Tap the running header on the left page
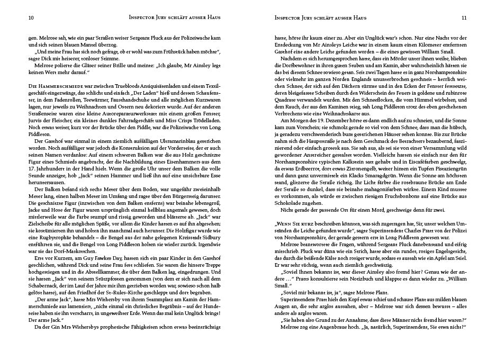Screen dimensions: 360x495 [x=174, y=17]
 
